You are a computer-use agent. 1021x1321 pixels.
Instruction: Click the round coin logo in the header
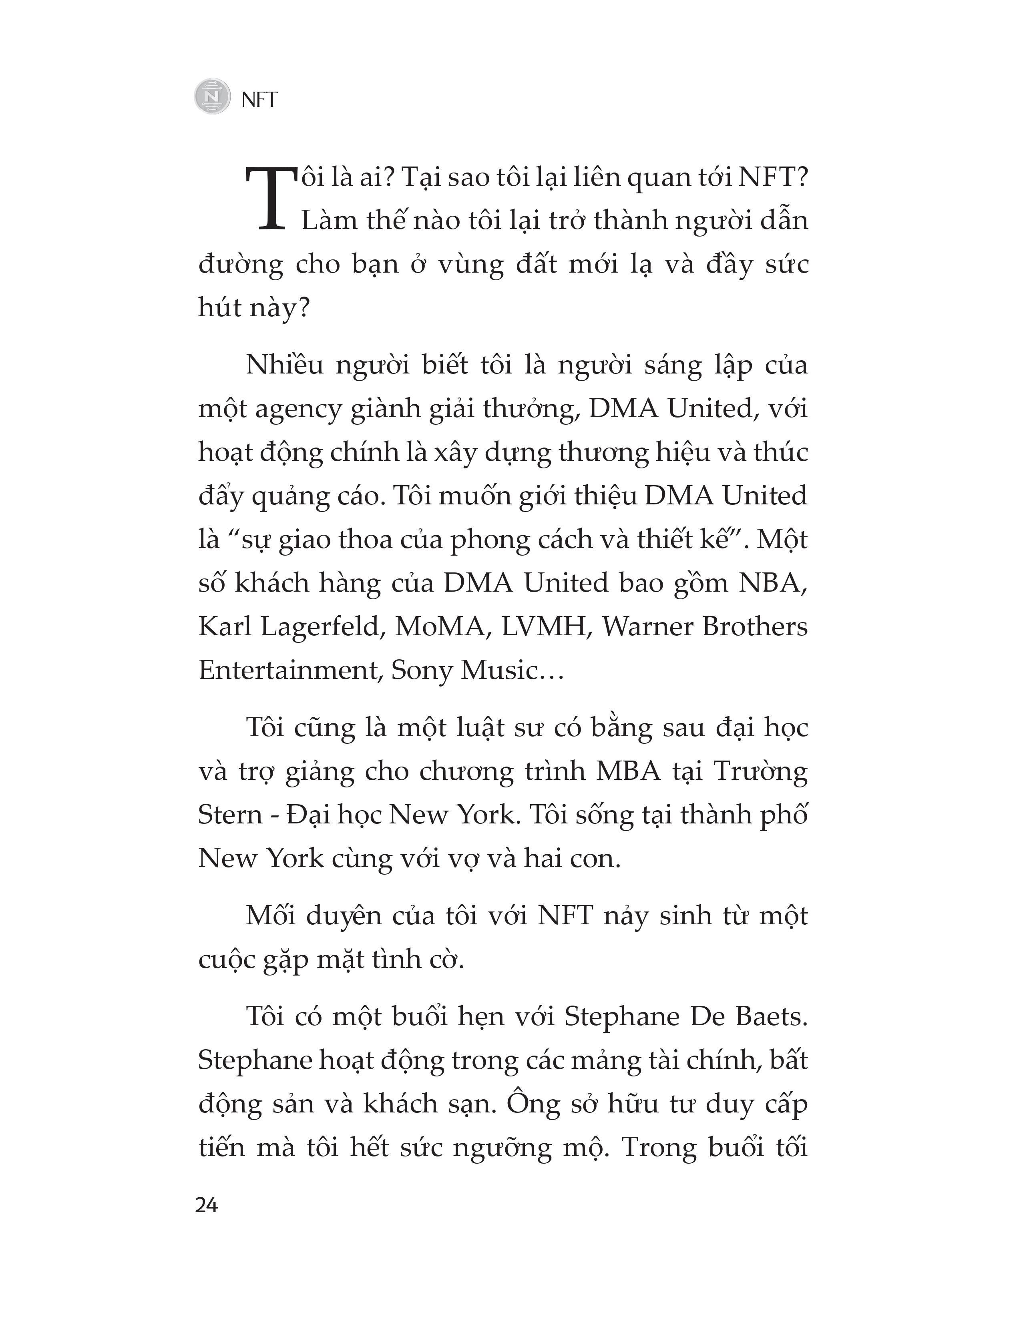[212, 96]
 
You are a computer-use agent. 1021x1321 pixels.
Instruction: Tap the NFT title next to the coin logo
[259, 99]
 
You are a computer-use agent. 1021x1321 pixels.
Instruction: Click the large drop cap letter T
[265, 198]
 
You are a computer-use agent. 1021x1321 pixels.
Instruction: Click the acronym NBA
[772, 583]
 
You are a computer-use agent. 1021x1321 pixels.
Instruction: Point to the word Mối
[270, 916]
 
